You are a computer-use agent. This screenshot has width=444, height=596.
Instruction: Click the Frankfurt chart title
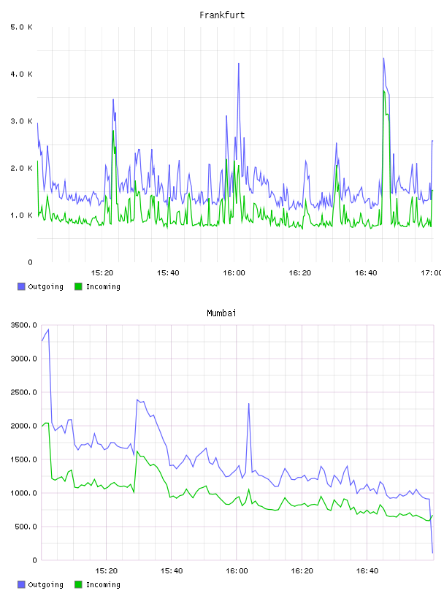coord(222,15)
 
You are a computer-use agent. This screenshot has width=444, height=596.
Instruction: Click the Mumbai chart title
coord(221,313)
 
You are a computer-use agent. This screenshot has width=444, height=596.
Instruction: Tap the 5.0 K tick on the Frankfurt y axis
coord(22,27)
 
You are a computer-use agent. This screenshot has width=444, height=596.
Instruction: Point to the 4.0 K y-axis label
coord(22,74)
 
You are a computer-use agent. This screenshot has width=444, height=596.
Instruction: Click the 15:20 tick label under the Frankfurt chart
coord(102,273)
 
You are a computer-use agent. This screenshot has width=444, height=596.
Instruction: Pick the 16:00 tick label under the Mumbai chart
coord(237,571)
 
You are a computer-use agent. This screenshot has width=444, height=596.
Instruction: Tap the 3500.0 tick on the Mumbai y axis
coord(24,325)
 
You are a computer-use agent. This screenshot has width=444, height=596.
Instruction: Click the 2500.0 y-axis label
coord(24,392)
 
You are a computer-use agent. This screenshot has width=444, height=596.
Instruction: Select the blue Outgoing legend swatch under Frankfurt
coord(21,286)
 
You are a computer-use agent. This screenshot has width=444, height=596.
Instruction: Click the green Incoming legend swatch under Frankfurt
coord(78,286)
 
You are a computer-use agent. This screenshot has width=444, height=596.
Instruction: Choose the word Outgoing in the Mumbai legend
coord(45,584)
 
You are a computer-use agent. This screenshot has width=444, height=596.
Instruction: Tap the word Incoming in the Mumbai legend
coord(103,584)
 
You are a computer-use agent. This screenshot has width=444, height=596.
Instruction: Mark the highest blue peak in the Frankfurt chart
coord(383,58)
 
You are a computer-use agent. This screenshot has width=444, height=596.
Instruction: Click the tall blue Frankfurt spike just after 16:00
coord(239,63)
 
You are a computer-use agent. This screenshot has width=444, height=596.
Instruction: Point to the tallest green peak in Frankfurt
coord(384,91)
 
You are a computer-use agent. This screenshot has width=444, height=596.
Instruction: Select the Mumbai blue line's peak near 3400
coord(48,329)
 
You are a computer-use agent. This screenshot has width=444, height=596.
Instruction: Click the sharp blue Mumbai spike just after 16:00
coord(248,403)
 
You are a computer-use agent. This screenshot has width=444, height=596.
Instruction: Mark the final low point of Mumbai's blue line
coord(432,553)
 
